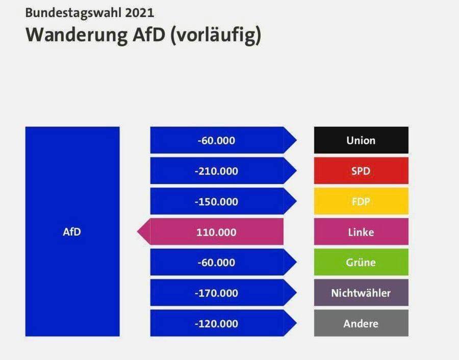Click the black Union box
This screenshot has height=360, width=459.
click(x=361, y=140)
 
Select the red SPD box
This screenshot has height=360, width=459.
click(x=361, y=171)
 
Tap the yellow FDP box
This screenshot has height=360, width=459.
click(x=361, y=201)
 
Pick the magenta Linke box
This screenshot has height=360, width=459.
click(x=361, y=232)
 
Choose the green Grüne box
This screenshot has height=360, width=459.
click(x=361, y=262)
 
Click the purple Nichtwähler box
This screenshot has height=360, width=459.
click(x=361, y=293)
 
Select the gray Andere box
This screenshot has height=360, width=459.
click(x=361, y=323)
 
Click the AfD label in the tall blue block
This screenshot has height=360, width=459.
click(x=72, y=232)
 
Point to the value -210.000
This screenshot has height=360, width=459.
click(x=216, y=171)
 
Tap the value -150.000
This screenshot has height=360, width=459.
click(x=216, y=201)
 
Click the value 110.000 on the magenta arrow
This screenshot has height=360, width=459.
click(x=216, y=232)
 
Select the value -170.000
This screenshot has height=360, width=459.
click(x=216, y=293)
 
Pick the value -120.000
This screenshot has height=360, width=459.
click(x=216, y=324)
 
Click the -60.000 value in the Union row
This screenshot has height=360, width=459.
click(x=216, y=141)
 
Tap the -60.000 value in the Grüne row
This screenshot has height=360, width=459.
click(x=216, y=263)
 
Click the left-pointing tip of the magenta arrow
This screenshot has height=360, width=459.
click(x=138, y=232)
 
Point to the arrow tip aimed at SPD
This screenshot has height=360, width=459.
click(x=296, y=171)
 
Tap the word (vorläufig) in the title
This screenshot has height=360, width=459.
click(x=215, y=35)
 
